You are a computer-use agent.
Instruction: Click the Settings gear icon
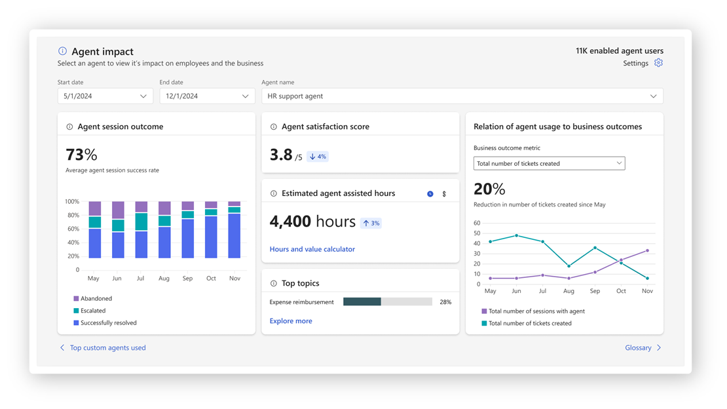coord(658,63)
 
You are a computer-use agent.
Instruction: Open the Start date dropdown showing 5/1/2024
coord(105,96)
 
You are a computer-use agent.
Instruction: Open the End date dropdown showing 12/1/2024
coord(207,96)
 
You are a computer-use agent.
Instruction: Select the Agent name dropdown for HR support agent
coord(462,96)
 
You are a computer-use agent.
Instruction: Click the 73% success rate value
coord(81,155)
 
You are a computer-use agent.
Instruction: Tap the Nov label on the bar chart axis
coord(234,279)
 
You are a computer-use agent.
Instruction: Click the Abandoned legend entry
coord(96,299)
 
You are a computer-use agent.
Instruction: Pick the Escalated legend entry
coord(92,311)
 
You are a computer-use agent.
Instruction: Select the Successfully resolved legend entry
coord(108,323)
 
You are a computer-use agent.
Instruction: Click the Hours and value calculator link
coord(312,249)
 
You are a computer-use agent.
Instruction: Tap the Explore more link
coord(291,321)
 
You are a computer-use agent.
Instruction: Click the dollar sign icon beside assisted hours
coord(444,194)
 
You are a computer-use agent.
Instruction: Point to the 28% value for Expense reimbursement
coord(445,302)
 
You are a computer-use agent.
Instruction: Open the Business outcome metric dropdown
coord(549,163)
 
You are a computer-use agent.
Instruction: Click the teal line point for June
coord(517,235)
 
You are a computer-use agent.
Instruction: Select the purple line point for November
coord(647,250)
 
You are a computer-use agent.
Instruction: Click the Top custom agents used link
coord(107,348)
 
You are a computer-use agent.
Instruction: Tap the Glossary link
coord(638,348)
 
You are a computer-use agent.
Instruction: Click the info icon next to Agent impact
coord(62,51)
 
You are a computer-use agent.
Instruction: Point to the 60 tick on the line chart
coord(477,223)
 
